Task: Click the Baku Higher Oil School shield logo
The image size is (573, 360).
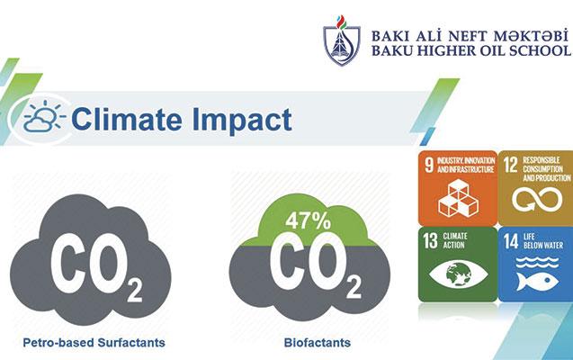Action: pos(342,40)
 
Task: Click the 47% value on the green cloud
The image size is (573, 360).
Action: pos(308,220)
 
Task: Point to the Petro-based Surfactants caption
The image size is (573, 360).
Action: pos(94,343)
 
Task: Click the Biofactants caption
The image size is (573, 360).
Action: pos(318,343)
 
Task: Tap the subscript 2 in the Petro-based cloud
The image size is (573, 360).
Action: pos(135,291)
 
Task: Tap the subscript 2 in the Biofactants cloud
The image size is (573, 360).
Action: pos(354,286)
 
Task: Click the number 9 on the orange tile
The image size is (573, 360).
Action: pos(429,165)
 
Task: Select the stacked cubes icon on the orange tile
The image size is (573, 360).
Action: pos(458,198)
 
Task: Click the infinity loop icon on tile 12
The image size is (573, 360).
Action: pos(537,200)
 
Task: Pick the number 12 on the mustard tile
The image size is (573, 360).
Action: pos(511,165)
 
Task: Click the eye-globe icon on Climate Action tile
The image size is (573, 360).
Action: pos(458,274)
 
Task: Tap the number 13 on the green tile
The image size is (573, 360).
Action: pos(430,241)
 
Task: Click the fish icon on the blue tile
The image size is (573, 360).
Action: pos(537,282)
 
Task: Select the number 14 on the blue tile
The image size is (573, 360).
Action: pos(511,241)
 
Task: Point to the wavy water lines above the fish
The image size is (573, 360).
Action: pos(537,262)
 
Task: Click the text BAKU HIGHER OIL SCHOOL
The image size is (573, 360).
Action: pos(470,50)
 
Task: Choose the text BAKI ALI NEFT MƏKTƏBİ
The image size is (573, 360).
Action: pos(470,36)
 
